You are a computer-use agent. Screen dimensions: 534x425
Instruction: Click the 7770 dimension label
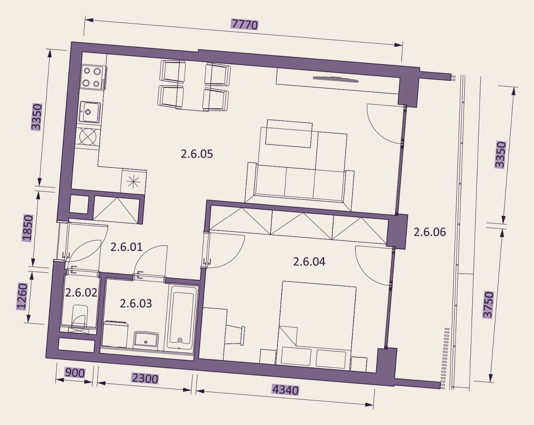pos(245,24)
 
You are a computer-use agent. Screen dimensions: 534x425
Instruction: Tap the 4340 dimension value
pos(285,390)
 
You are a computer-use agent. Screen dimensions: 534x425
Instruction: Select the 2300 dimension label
pos(145,379)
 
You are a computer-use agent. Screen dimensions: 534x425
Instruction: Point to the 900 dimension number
pos(75,373)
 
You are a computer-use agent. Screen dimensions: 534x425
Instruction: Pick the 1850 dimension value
pos(27,228)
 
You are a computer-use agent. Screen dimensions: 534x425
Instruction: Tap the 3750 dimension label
pos(487,305)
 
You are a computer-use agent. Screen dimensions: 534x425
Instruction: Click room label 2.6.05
pos(197,154)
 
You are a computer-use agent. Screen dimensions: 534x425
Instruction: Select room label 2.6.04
pos(309,262)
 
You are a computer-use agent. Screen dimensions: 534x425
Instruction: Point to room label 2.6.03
pos(136,303)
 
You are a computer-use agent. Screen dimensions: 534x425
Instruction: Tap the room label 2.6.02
pos(81,293)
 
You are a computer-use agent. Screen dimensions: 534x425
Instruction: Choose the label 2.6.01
pos(126,247)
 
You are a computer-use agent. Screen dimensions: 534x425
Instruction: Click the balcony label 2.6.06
pos(430,232)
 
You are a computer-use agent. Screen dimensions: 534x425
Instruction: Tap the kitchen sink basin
pos(89,112)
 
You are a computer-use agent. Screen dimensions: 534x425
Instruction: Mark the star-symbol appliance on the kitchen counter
pos(133,181)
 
